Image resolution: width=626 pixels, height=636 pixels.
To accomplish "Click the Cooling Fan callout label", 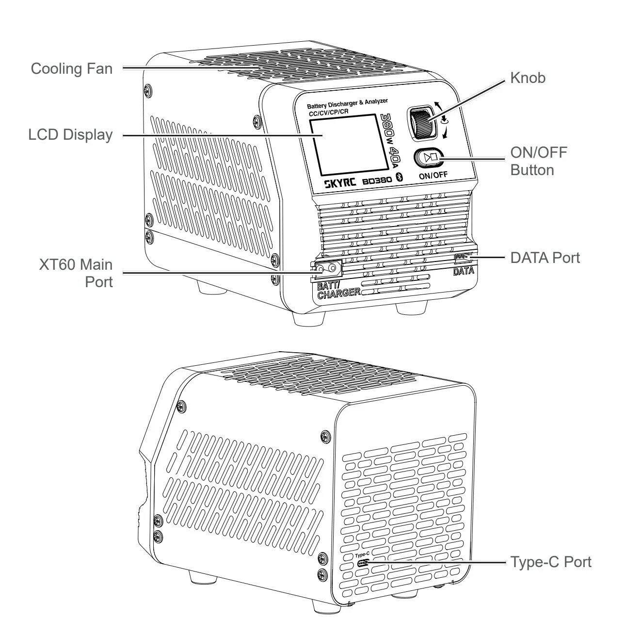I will [71, 68].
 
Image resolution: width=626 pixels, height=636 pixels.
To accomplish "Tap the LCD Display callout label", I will [70, 134].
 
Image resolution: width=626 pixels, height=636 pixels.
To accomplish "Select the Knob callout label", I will [528, 78].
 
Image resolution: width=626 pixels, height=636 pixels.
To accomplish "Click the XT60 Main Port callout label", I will [76, 273].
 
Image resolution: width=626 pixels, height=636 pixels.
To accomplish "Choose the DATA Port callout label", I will [545, 258].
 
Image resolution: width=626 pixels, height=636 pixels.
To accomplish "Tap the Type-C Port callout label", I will [550, 562].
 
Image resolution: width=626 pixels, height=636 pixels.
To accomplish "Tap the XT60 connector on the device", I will [326, 267].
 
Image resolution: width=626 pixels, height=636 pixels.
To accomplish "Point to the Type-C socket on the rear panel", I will [363, 564].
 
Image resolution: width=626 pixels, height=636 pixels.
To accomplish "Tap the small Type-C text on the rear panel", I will [362, 555].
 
